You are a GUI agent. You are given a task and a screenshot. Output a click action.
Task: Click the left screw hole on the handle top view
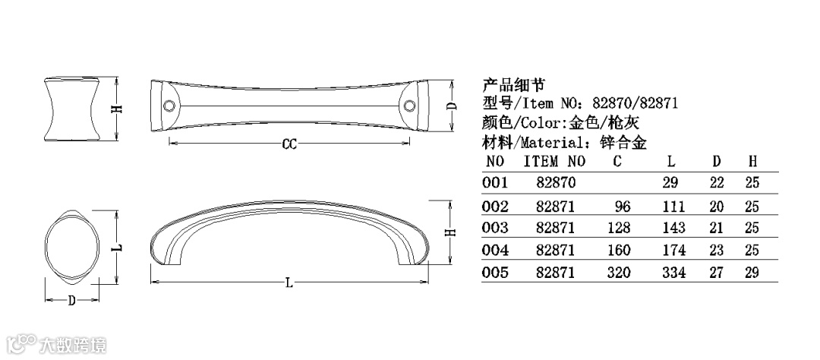coord(169,106)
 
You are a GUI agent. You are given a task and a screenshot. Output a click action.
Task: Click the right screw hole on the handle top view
coord(409,106)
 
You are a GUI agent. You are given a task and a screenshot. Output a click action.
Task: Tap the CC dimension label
coord(289,144)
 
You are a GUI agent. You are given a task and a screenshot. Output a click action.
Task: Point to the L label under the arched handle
coord(289,283)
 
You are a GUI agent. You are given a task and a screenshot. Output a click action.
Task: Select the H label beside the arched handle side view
coord(453,232)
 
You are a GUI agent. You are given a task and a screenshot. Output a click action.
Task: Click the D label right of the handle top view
coord(453,106)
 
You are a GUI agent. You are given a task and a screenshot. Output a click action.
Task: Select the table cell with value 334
coord(673,273)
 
